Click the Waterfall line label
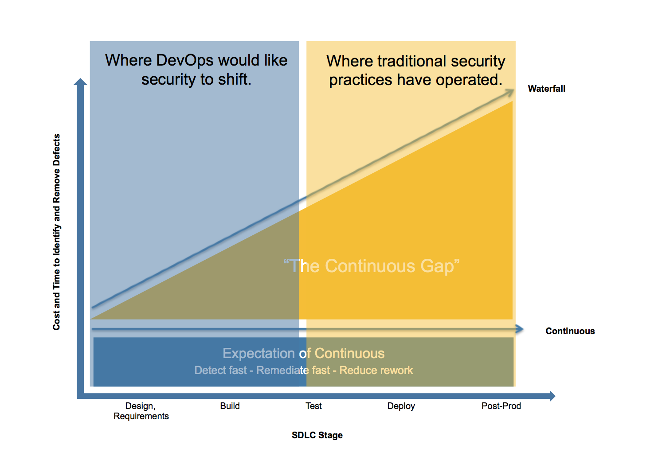click(x=546, y=89)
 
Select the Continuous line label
click(x=570, y=331)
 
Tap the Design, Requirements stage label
click(x=141, y=411)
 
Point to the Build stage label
click(x=230, y=406)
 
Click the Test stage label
click(x=313, y=406)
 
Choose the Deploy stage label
click(x=401, y=406)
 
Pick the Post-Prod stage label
click(x=501, y=406)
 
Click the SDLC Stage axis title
click(x=317, y=435)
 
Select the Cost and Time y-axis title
click(x=56, y=232)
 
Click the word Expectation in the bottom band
click(x=258, y=353)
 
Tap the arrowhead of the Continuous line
click(x=520, y=329)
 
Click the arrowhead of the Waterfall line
click(x=510, y=92)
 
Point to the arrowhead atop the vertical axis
click(x=80, y=82)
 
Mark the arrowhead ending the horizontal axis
click(x=552, y=396)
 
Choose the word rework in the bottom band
click(x=397, y=370)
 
